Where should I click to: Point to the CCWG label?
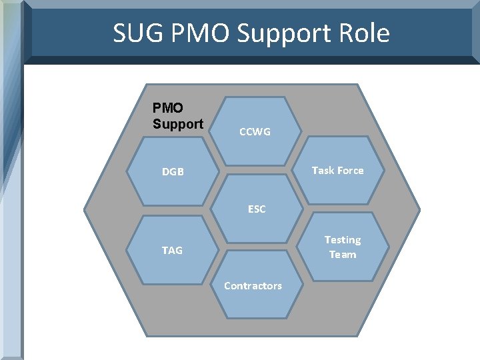tap(255, 132)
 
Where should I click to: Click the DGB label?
tap(172, 172)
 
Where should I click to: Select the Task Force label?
tap(337, 171)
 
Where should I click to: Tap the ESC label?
tap(257, 209)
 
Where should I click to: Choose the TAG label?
tap(172, 251)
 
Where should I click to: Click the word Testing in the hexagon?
tap(342, 240)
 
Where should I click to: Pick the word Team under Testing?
tap(343, 255)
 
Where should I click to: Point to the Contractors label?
tap(253, 286)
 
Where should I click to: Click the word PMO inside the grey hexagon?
tap(168, 108)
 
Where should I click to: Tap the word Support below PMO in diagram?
tap(178, 124)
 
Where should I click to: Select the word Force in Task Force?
tap(351, 171)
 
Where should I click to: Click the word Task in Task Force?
tap(323, 171)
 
